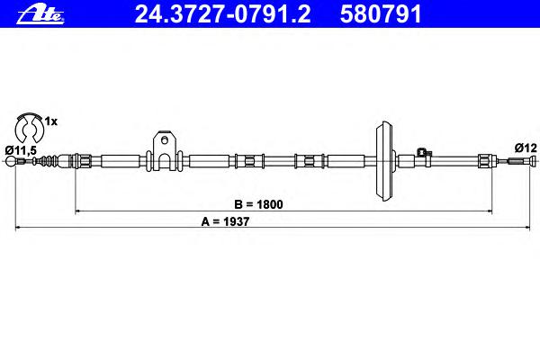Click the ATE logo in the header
click(x=40, y=15)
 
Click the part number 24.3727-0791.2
click(x=222, y=14)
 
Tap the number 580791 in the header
click(x=381, y=14)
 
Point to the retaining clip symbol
click(x=29, y=128)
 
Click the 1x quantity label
click(x=51, y=121)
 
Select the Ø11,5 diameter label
click(x=21, y=150)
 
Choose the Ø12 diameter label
click(x=526, y=148)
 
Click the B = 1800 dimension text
click(x=258, y=204)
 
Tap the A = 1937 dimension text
click(x=225, y=221)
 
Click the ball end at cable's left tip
click(x=12, y=161)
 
